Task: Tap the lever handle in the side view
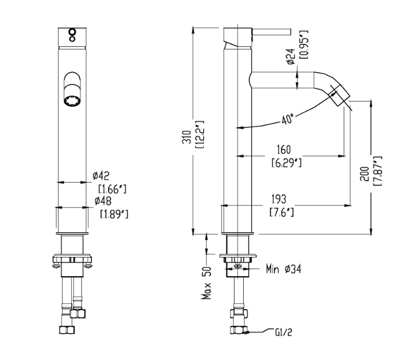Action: pos(270,32)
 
